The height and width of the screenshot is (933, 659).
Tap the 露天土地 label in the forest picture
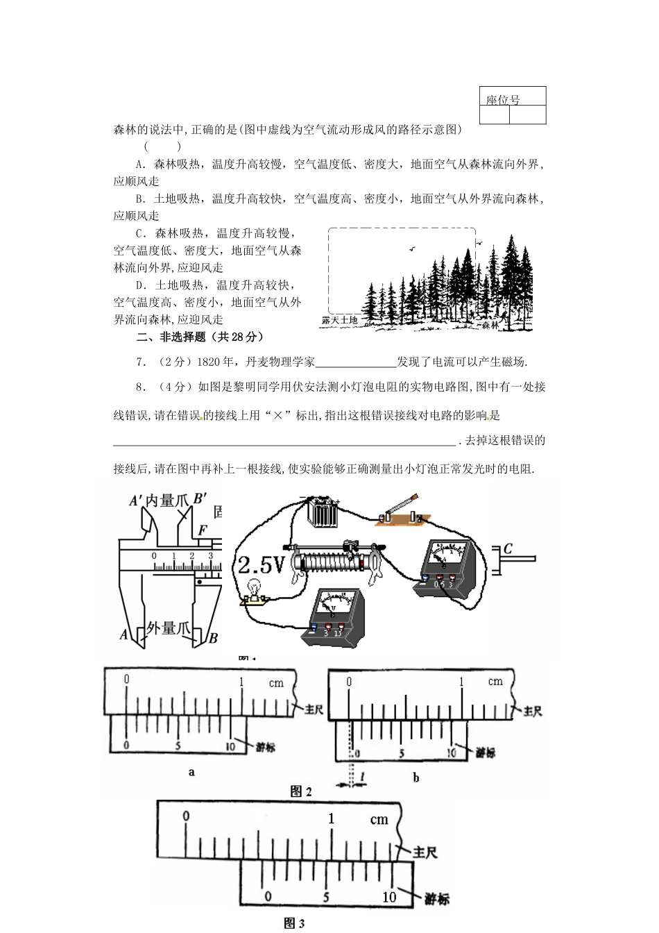pyautogui.click(x=340, y=320)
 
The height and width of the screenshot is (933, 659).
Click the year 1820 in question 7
pyautogui.click(x=208, y=362)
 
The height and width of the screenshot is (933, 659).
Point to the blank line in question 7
pyautogui.click(x=355, y=362)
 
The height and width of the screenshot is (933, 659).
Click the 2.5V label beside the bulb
pyautogui.click(x=262, y=566)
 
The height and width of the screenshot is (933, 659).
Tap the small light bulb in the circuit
pyautogui.click(x=254, y=589)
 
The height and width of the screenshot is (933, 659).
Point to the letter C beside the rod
pyautogui.click(x=508, y=548)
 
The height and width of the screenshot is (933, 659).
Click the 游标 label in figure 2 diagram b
pyautogui.click(x=486, y=753)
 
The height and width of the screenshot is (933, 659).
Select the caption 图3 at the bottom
pyautogui.click(x=295, y=923)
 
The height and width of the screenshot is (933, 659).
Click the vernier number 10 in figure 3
pyautogui.click(x=390, y=897)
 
